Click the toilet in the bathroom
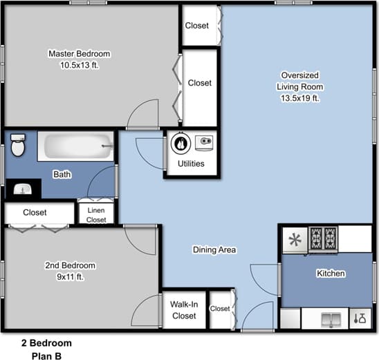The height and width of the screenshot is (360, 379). pos(18,146)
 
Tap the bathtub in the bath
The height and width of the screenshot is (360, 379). pos(75,147)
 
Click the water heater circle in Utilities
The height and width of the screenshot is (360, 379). pos(181,144)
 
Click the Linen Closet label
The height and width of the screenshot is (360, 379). pos(96,214)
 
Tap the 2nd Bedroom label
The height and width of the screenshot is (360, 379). pos(71,265)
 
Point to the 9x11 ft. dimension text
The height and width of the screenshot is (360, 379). pos(71,277)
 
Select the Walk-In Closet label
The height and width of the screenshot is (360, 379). pos(183,310)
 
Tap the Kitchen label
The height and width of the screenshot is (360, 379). pos(331,274)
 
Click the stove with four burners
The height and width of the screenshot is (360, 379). pos(322,239)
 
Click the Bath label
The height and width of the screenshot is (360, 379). pos(62,175)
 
